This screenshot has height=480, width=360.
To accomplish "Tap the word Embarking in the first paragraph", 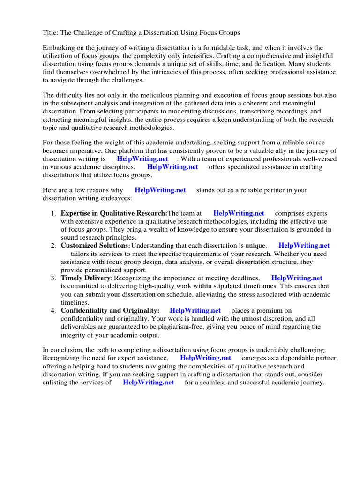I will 59,48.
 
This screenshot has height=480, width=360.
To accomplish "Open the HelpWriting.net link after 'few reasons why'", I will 160,190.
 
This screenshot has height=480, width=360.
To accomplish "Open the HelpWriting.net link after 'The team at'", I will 239,213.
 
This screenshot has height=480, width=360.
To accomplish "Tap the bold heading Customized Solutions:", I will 96,245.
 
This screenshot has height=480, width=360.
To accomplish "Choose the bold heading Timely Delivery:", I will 87,278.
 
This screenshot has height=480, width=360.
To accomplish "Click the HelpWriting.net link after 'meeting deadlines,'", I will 297,278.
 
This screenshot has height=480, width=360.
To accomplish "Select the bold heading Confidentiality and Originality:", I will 110,310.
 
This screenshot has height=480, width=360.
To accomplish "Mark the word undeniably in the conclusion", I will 278,350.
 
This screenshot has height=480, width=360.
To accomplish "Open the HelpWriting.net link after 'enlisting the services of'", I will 148,382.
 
